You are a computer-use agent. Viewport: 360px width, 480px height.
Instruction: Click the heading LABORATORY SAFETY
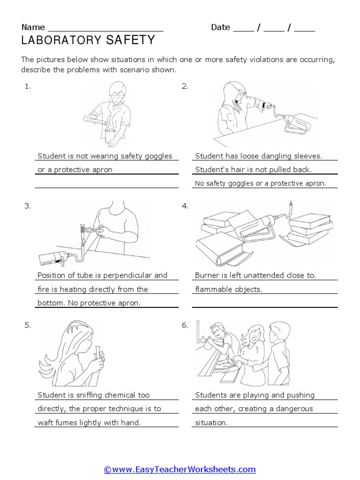pos(88,41)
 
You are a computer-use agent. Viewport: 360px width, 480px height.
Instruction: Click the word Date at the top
pos(220,27)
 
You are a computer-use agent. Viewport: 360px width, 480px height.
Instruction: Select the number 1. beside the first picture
pos(28,86)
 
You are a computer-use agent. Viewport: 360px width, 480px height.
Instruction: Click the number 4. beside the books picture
pos(185,206)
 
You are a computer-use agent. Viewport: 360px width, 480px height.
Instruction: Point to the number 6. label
pos(185,325)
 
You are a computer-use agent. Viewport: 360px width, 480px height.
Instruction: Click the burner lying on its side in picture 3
pos(52,259)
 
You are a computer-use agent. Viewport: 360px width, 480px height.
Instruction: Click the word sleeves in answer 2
pos(307,156)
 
